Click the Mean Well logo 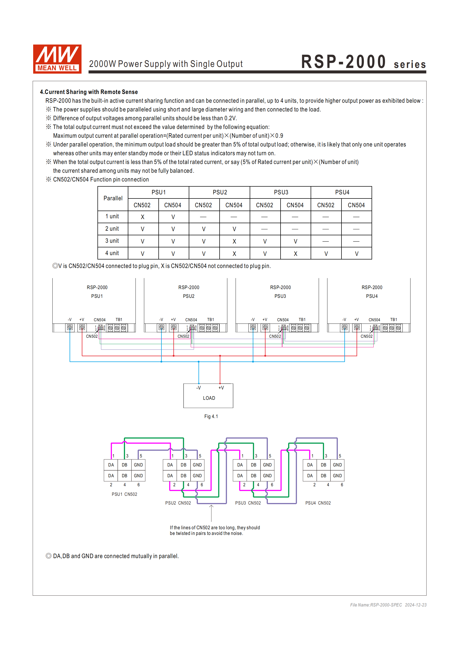(57, 59)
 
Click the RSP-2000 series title (363, 62)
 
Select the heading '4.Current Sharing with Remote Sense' (89, 92)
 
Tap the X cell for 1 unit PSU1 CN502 (142, 217)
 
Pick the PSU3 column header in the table (281, 193)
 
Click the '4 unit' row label (112, 253)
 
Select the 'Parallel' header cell (113, 198)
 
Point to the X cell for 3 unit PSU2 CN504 (234, 241)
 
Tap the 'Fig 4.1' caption (211, 417)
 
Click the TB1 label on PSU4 (393, 320)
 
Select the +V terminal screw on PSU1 (82, 327)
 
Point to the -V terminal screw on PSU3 (253, 327)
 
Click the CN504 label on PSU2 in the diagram (191, 320)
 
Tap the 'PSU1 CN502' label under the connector (124, 494)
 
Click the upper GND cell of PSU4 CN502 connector (337, 465)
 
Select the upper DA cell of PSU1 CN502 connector (111, 465)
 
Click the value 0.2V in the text (230, 118)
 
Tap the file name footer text (388, 605)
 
